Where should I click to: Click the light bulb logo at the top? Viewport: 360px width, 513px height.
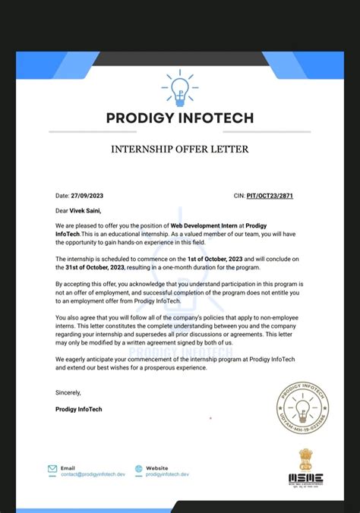coord(179,89)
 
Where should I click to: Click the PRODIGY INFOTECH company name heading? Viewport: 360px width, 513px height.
coord(180,118)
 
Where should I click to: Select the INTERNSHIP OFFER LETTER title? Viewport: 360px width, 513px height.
coord(180,149)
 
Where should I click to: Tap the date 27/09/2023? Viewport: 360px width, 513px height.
coord(87,196)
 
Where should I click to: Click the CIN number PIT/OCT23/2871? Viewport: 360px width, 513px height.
coord(270,196)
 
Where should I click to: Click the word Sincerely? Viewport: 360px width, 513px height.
coord(68,392)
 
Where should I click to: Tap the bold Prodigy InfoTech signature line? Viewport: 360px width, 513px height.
coord(78,409)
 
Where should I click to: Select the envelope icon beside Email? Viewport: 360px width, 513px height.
coord(52,469)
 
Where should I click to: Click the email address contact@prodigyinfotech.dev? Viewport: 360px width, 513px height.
coord(92,474)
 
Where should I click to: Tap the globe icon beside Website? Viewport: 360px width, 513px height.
coord(139,469)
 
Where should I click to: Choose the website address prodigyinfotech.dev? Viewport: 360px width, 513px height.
coord(168,474)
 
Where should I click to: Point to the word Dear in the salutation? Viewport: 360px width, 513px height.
coord(62,211)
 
